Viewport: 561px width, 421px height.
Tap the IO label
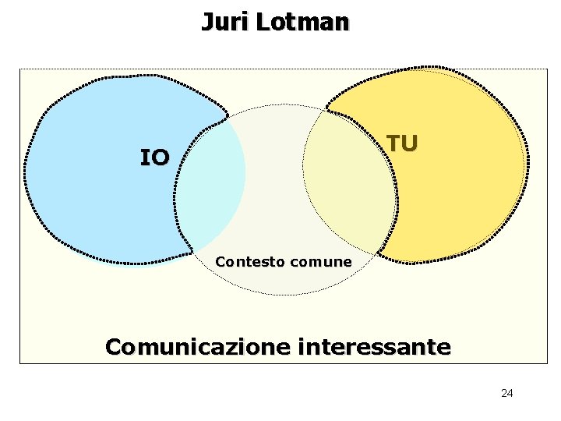154,158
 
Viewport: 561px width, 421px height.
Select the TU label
402,143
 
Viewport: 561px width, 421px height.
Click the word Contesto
249,262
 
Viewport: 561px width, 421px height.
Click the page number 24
507,393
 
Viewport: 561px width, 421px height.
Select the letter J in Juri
206,22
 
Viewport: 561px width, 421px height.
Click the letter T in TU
394,143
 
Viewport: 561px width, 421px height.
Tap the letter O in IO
160,158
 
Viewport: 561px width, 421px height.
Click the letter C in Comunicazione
113,346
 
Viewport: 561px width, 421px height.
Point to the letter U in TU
410,143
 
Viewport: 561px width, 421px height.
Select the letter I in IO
144,158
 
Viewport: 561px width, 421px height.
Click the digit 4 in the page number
510,393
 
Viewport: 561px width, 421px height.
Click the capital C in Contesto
220,262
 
